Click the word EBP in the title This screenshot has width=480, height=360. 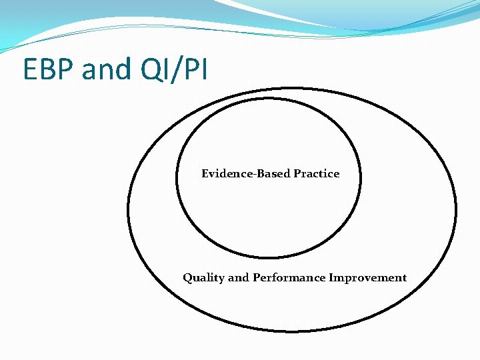pyautogui.click(x=49, y=69)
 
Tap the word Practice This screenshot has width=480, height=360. pyautogui.click(x=316, y=173)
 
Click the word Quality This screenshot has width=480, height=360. pyautogui.click(x=204, y=278)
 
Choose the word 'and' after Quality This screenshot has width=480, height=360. pyautogui.click(x=238, y=278)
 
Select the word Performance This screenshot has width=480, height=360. pyautogui.click(x=289, y=278)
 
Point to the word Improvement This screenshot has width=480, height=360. pyautogui.click(x=367, y=278)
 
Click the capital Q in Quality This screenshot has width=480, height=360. pyautogui.click(x=187, y=278)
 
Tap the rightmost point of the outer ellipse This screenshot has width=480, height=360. pyautogui.click(x=457, y=210)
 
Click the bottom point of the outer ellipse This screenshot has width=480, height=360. pyautogui.click(x=293, y=331)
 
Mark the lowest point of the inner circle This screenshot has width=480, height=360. pyautogui.click(x=268, y=257)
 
